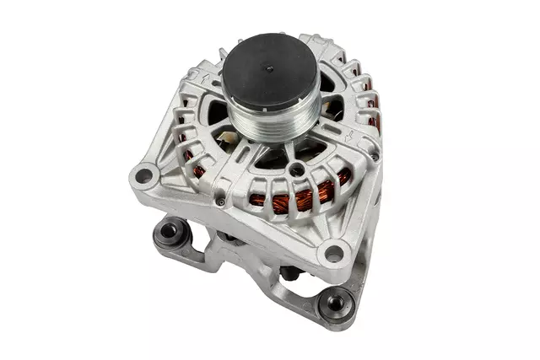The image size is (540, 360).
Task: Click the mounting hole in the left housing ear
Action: coord(144,175)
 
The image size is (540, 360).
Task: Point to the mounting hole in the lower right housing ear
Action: coord(335,251)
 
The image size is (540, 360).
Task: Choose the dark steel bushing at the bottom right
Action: coord(337,301)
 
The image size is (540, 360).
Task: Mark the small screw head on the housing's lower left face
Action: coord(220,202)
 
